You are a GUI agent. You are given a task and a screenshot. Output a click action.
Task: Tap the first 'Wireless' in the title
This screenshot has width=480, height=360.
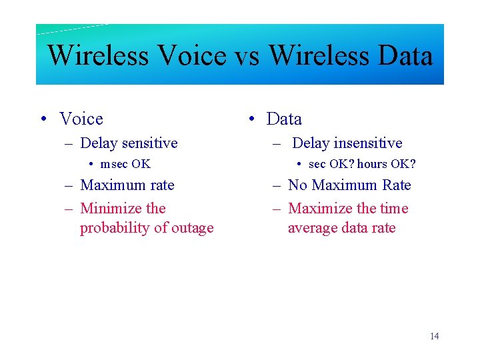tap(99, 55)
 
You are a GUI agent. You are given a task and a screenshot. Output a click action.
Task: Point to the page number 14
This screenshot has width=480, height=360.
tap(434, 336)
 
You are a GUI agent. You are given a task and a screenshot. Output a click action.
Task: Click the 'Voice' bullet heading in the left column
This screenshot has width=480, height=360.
tap(81, 119)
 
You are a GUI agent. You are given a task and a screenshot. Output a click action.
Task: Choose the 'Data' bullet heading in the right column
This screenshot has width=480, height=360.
tap(284, 119)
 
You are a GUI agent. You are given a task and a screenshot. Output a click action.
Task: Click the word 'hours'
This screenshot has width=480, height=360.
tap(372, 164)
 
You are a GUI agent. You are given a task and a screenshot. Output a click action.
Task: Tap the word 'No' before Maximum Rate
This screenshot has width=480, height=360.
tap(297, 185)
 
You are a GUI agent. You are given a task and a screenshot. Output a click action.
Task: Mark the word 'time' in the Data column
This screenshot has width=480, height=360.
tap(393, 208)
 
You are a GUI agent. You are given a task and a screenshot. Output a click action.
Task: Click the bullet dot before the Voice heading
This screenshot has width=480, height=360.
tap(43, 119)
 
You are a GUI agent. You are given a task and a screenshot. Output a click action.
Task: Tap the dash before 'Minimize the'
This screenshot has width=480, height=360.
tap(68, 209)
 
